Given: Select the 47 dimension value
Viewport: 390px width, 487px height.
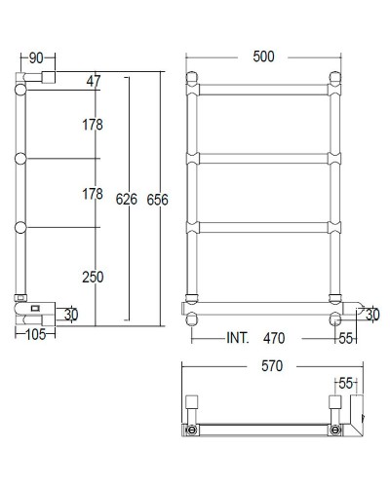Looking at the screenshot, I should tap(94, 80).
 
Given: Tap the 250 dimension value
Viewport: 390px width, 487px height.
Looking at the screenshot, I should tap(92, 278).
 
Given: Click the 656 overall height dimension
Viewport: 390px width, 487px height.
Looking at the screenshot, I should tap(158, 200).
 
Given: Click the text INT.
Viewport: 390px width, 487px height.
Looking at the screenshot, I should tap(237, 339).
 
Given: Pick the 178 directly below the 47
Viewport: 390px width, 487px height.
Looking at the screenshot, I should tap(92, 125).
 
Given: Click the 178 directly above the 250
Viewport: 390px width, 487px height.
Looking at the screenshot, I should tap(92, 195).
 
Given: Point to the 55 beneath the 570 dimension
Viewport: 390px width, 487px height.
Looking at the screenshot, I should tap(347, 383).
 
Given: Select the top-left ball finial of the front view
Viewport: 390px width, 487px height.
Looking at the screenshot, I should tap(193, 77).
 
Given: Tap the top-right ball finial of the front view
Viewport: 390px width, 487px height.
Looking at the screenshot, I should tap(337, 77).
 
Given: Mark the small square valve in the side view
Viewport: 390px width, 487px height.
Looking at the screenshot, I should tap(35, 310).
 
